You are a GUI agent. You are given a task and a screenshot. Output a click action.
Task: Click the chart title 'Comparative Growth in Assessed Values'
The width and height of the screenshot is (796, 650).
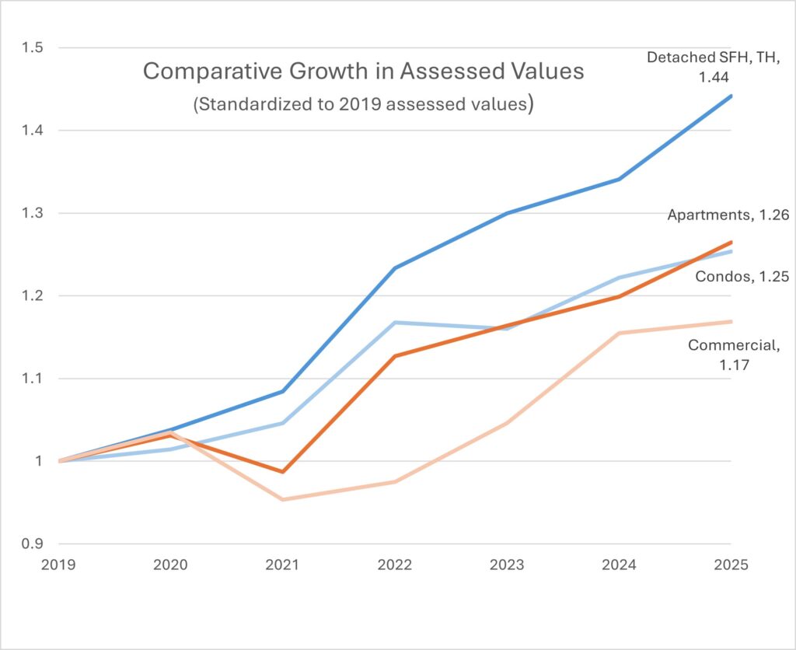(363, 72)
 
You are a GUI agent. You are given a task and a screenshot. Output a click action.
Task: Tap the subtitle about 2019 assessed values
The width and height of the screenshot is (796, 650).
(363, 104)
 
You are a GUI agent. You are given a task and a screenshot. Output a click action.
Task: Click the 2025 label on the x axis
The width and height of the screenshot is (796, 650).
(731, 566)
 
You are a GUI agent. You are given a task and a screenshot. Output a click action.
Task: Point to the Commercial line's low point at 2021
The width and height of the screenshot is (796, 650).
(283, 499)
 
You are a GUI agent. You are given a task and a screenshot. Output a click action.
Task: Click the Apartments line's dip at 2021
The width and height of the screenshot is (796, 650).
(283, 472)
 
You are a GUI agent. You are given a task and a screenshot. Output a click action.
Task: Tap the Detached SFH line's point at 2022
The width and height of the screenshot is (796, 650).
(395, 268)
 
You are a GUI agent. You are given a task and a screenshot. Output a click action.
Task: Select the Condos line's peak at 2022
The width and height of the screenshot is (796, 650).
(395, 322)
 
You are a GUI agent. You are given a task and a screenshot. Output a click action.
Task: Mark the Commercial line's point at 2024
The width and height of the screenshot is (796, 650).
(619, 334)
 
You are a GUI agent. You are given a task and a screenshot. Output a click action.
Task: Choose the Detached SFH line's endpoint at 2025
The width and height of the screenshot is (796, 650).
(731, 96)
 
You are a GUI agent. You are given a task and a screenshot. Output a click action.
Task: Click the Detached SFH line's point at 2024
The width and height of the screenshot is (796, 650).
(619, 180)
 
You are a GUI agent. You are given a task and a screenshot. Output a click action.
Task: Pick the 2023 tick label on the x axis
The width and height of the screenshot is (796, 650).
(507, 566)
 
